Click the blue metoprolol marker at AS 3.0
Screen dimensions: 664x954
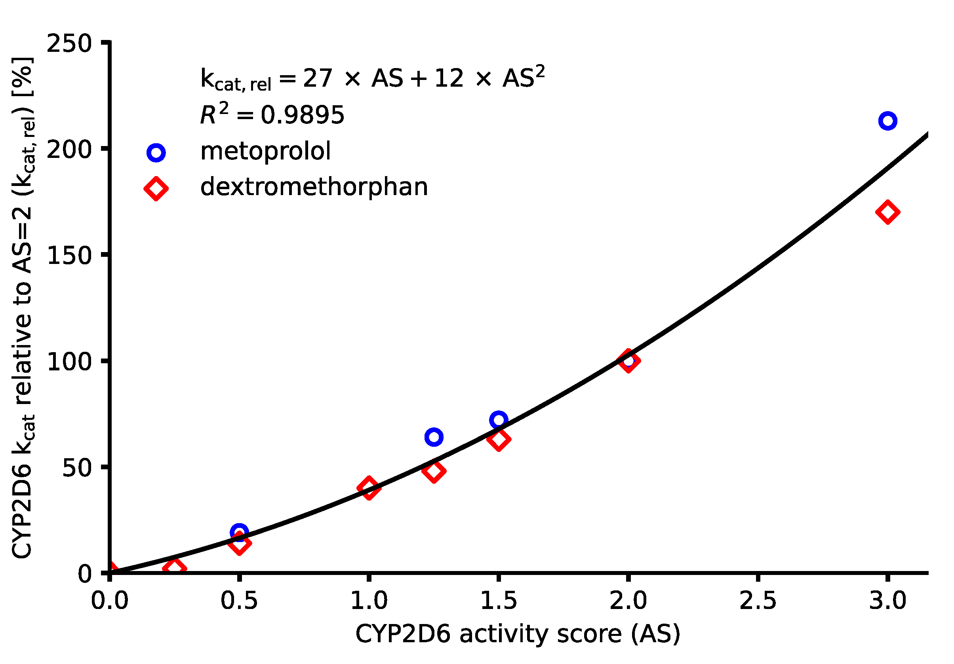point(887,121)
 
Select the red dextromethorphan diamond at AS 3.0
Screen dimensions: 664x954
point(887,212)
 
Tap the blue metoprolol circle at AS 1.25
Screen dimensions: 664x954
point(434,437)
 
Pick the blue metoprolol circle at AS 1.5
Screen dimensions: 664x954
point(499,420)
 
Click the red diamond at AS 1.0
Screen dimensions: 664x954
point(369,488)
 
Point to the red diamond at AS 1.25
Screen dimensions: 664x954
point(434,470)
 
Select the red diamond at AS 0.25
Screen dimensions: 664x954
point(174,569)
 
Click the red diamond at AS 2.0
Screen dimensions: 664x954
point(628,360)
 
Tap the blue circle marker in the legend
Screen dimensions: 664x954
point(156,153)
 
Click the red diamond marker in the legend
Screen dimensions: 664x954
point(156,188)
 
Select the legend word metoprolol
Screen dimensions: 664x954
point(265,151)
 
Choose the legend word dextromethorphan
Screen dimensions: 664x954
point(314,187)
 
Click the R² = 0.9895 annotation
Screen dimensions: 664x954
point(272,115)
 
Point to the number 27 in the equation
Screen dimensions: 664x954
point(318,78)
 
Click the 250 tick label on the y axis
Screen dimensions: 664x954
point(69,43)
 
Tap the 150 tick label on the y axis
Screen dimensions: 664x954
point(69,255)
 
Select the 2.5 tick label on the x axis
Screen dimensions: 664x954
point(758,600)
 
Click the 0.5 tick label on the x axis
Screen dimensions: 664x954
point(239,600)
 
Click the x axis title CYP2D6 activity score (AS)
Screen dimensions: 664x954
point(518,634)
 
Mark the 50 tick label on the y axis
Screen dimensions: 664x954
point(76,468)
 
